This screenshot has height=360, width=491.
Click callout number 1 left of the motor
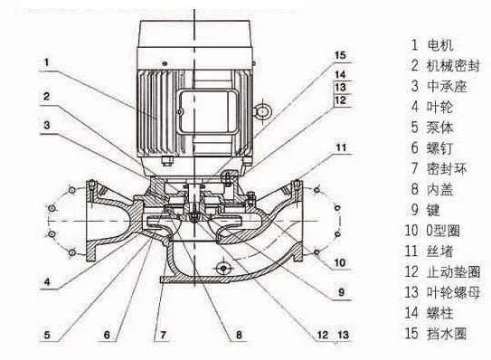pyautogui.click(x=47, y=62)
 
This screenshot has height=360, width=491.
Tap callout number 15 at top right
pyautogui.click(x=340, y=55)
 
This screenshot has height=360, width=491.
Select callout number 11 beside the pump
pyautogui.click(x=341, y=147)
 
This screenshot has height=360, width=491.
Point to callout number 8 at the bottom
pyautogui.click(x=239, y=335)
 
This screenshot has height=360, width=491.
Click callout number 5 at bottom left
pyautogui.click(x=47, y=335)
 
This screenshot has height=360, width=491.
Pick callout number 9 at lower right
pyautogui.click(x=341, y=292)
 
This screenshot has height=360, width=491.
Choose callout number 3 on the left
pyautogui.click(x=47, y=126)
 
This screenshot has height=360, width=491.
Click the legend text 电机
pyautogui.click(x=440, y=45)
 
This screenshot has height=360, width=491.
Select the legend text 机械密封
pyautogui.click(x=453, y=65)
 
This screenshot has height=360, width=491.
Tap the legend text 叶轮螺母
pyautogui.click(x=453, y=292)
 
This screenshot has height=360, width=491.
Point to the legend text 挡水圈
pyautogui.click(x=447, y=334)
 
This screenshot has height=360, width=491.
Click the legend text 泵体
pyautogui.click(x=440, y=128)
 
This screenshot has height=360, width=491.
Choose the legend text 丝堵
pyautogui.click(x=440, y=251)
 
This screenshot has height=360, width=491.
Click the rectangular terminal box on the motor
pyautogui.click(x=208, y=112)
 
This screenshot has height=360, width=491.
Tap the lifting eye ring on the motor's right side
pyautogui.click(x=262, y=111)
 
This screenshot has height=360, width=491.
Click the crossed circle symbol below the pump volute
pyautogui.click(x=223, y=269)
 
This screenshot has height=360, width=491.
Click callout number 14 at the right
pyautogui.click(x=340, y=74)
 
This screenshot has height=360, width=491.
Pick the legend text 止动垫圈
pyautogui.click(x=453, y=271)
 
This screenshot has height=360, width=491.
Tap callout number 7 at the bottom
pyautogui.click(x=163, y=335)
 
